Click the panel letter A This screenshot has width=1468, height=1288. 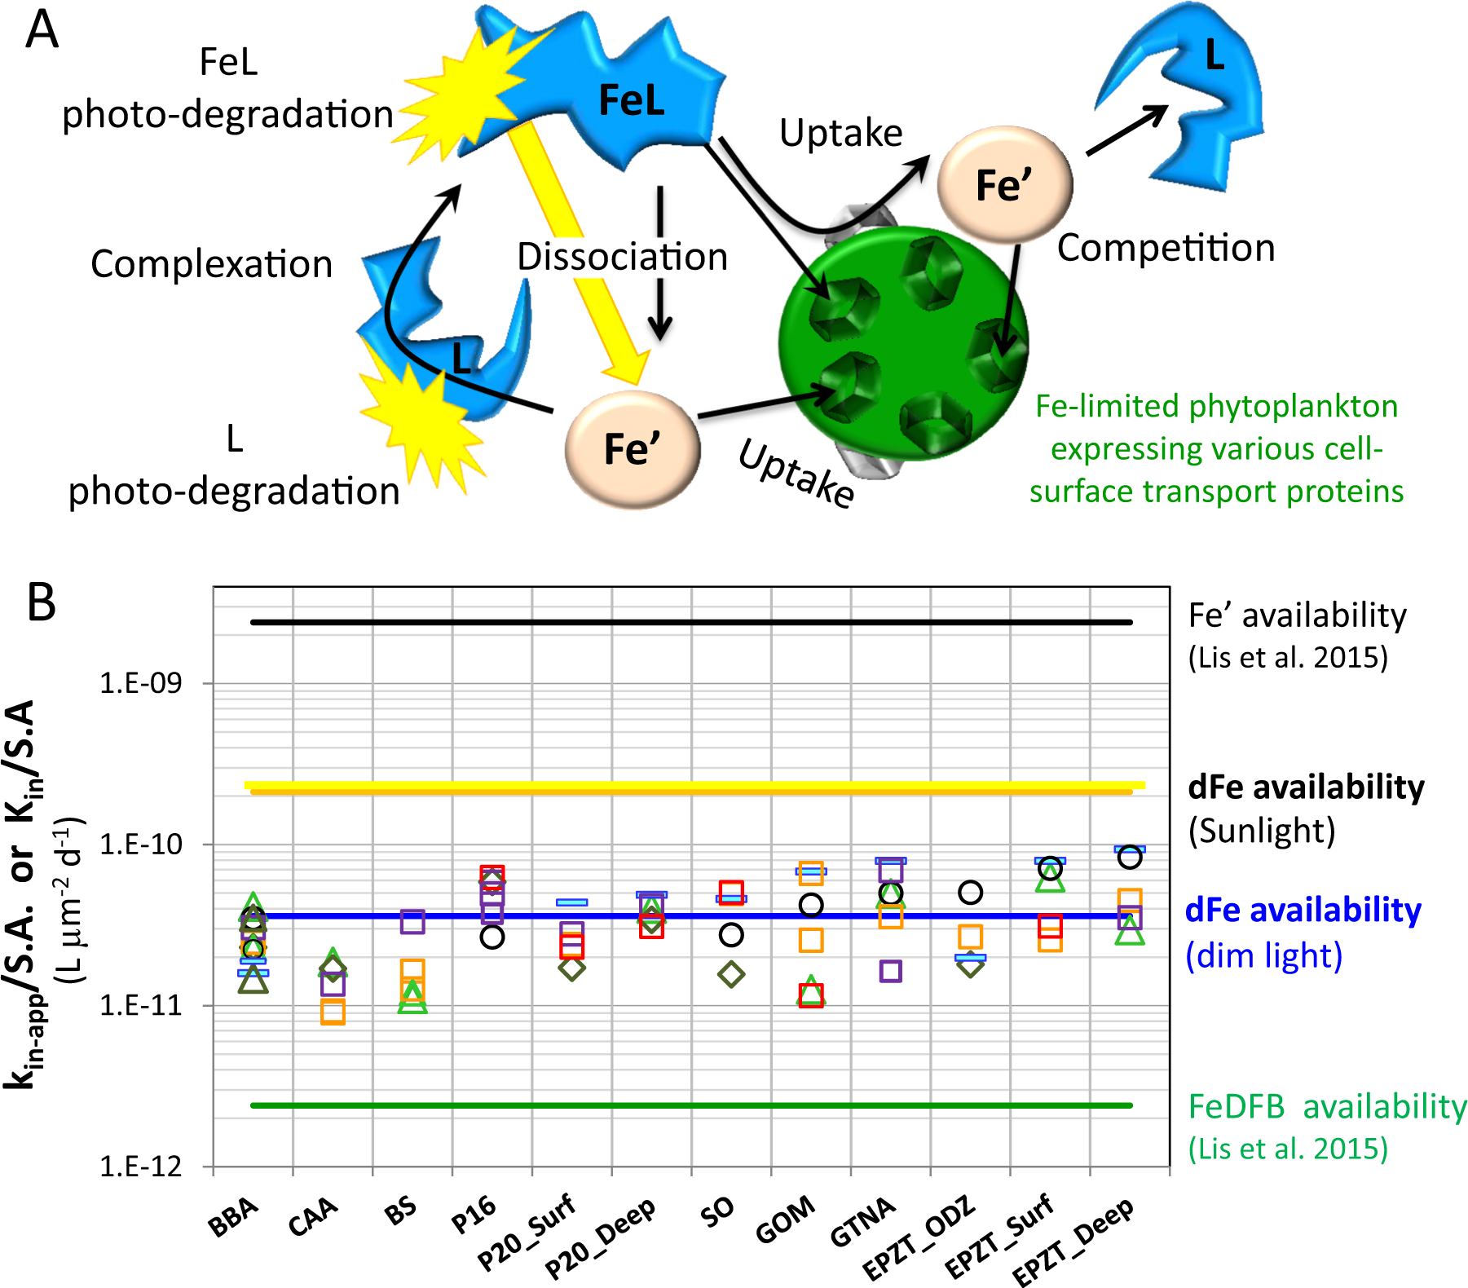42,31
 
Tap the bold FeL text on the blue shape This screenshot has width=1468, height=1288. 632,102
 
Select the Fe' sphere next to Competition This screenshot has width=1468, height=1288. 1004,185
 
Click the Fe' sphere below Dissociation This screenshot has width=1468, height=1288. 633,449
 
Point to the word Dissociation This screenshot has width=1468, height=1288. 622,257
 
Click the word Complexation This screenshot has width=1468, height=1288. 211,264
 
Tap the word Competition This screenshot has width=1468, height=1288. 1166,248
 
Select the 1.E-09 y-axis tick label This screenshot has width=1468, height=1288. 140,683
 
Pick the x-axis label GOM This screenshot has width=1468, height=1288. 784,1220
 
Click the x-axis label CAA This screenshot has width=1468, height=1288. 313,1217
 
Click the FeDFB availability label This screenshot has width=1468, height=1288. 1327,1107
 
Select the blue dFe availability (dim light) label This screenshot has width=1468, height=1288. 1303,932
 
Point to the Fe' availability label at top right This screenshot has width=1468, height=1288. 1297,615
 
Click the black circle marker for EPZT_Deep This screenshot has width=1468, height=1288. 1129,857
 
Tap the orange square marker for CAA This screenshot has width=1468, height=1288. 333,1012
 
